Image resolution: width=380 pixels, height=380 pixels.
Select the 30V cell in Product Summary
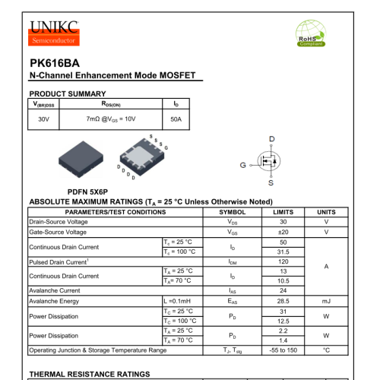tap(44, 119)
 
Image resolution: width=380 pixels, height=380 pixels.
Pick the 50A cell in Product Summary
tap(176, 119)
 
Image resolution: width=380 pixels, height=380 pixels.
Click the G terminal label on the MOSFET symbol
tap(242, 164)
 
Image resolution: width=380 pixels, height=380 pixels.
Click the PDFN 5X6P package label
tap(87, 192)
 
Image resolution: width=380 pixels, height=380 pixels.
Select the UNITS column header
tap(326, 212)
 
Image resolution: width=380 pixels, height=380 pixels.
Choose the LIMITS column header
tap(283, 212)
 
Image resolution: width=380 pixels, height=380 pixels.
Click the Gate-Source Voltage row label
tap(58, 232)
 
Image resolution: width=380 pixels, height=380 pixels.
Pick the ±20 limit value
tap(283, 232)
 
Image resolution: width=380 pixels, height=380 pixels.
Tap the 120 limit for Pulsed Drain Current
tap(283, 261)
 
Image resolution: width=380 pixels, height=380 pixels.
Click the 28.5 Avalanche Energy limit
tap(283, 301)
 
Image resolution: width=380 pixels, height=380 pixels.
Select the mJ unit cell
tap(326, 301)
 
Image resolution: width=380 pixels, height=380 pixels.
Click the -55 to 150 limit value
tap(283, 350)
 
